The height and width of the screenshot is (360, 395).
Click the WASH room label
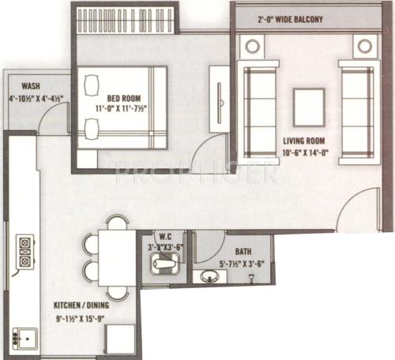click(32, 86)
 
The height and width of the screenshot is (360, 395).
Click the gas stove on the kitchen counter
click(25, 249)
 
